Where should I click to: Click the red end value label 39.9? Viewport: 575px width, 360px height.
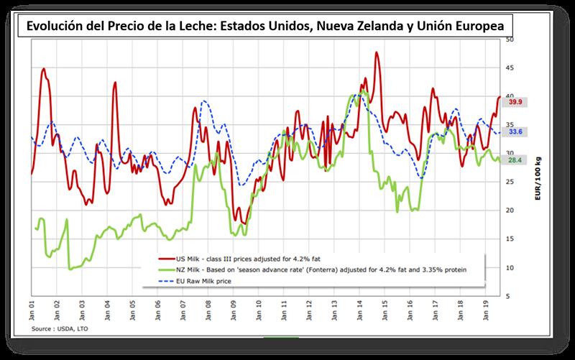[515, 102]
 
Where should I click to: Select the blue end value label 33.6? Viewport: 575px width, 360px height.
[515, 132]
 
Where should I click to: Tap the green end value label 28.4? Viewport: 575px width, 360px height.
[515, 160]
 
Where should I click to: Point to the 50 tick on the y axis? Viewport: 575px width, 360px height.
[509, 39]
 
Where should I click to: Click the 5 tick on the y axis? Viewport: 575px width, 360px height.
[509, 295]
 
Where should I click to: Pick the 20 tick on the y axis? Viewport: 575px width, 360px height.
[509, 210]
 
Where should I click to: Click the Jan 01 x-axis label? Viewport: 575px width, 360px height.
[32, 310]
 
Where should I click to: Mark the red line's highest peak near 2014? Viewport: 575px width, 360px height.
[377, 52]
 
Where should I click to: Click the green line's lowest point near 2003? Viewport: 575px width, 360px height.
[70, 269]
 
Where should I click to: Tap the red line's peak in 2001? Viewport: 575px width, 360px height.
[43, 69]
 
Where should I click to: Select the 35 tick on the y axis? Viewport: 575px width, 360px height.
[509, 124]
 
